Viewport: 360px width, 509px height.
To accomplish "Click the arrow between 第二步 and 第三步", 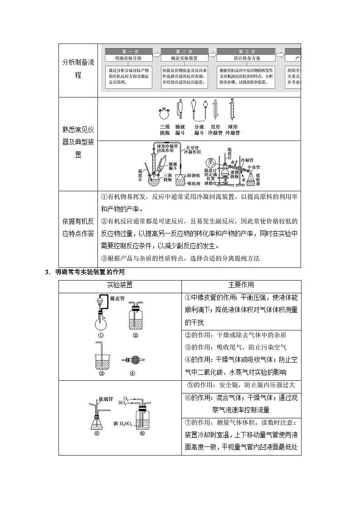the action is click(212, 55).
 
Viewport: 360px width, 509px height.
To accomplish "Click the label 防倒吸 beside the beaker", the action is click(194, 175).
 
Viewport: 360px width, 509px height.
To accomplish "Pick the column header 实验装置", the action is click(120, 285).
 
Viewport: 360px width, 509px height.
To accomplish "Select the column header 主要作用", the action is click(241, 285).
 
